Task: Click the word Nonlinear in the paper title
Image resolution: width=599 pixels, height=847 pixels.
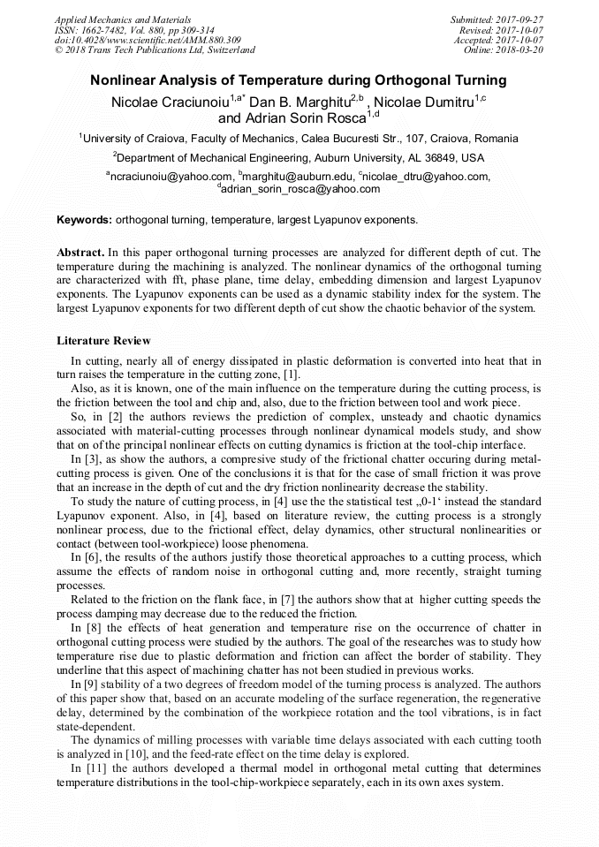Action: (x=124, y=80)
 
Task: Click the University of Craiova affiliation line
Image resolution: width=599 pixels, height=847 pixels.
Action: (x=299, y=139)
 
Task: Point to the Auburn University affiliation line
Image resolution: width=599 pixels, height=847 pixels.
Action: (x=299, y=158)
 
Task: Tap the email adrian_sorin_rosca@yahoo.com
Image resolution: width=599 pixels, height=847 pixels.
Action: (x=299, y=189)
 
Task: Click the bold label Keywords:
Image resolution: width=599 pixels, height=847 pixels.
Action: (x=84, y=219)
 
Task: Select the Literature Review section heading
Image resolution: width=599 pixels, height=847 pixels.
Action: (x=103, y=340)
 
